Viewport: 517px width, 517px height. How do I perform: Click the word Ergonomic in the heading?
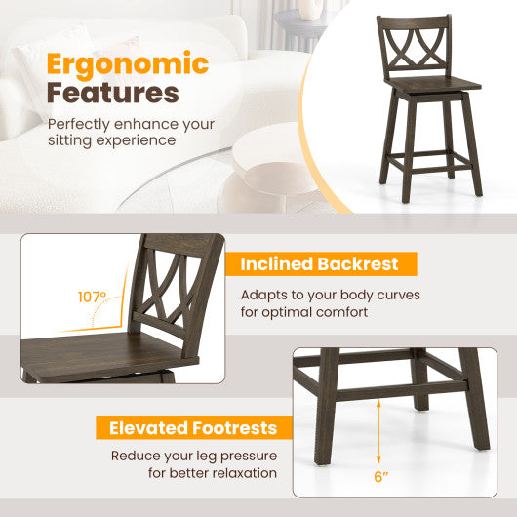(128, 64)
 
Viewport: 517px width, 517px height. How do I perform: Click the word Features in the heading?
(113, 94)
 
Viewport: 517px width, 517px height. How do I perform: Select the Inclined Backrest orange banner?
(320, 263)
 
